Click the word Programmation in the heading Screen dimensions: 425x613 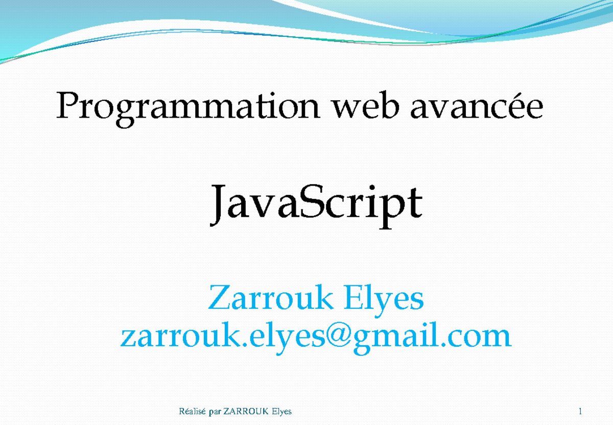point(189,108)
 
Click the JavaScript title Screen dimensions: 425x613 point(317,205)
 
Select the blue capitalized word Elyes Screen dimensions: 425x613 point(383,299)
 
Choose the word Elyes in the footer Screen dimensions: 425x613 point(281,412)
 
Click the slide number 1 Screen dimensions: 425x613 point(581,412)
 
